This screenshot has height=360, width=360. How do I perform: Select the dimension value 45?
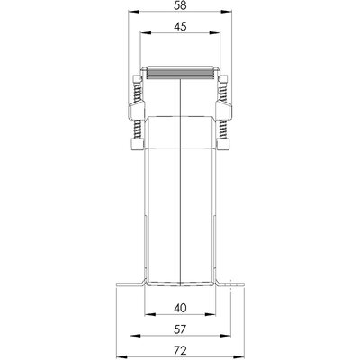click(181, 29)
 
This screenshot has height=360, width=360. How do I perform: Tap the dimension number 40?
click(181, 306)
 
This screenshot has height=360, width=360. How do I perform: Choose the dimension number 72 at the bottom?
click(181, 347)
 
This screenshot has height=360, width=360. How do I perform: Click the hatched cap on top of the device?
click(181, 72)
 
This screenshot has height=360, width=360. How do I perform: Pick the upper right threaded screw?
click(222, 86)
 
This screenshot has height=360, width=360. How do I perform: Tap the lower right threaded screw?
click(222, 135)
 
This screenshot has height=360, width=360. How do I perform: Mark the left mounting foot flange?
click(127, 286)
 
